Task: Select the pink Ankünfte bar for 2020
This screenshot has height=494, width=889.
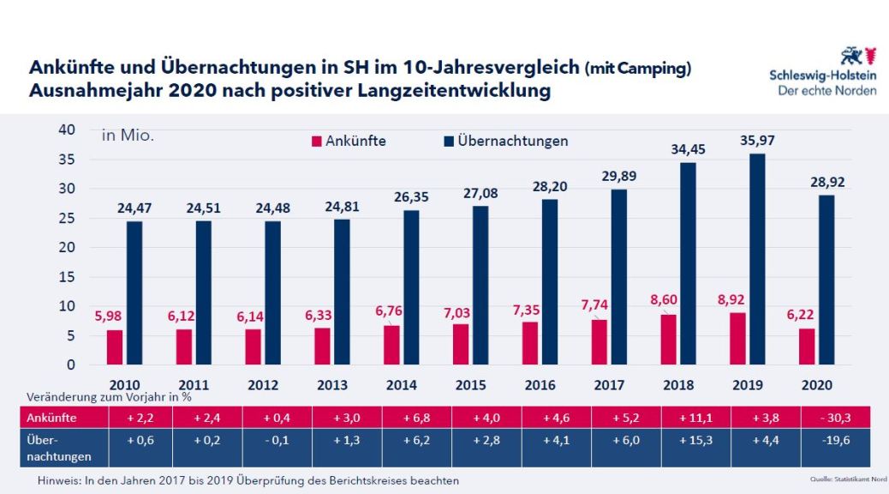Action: pyautogui.click(x=806, y=346)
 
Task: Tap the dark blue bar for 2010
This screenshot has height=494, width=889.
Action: pyautogui.click(x=134, y=292)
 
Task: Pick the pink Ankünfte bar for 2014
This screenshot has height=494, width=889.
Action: pyautogui.click(x=391, y=345)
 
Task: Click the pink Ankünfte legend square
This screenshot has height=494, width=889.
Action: pyautogui.click(x=317, y=141)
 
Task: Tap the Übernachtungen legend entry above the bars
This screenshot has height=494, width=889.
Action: pyautogui.click(x=505, y=141)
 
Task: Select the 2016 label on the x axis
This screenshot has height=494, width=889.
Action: pyautogui.click(x=539, y=385)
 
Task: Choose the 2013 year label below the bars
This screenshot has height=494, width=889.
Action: pyautogui.click(x=331, y=385)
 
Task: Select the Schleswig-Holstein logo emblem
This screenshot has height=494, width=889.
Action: pyautogui.click(x=857, y=57)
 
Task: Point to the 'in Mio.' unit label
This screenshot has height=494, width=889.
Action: pyautogui.click(x=128, y=136)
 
